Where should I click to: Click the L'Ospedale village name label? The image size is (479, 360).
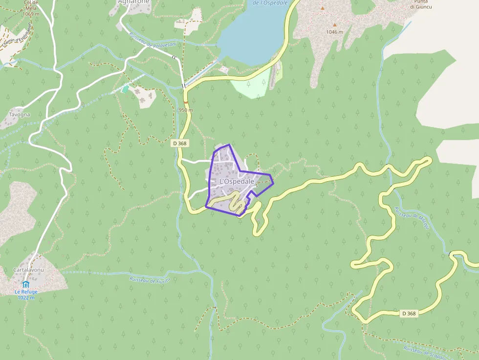[x=237, y=181]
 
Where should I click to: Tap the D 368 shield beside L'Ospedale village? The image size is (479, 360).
[x=180, y=143]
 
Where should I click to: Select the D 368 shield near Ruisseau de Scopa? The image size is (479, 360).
[x=409, y=314]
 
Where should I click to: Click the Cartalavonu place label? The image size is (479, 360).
[x=29, y=270]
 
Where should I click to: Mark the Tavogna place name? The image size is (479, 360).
[x=19, y=115]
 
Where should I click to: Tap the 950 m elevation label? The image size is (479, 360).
[x=186, y=110]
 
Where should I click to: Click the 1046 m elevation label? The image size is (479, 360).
[x=334, y=32]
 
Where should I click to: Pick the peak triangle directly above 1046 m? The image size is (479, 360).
[x=335, y=24]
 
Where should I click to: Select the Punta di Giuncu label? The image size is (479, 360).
[x=421, y=4]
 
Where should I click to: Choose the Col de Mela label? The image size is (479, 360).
[x=31, y=8]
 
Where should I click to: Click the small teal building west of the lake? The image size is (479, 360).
[x=125, y=89]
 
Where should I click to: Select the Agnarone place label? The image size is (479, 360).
[x=133, y=2]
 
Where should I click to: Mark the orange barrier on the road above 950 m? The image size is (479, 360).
[x=186, y=102]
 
